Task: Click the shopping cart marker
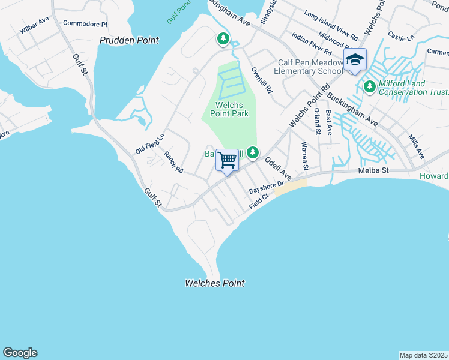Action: tap(228, 160)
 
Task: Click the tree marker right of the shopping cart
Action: tap(254, 153)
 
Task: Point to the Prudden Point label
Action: tap(129, 40)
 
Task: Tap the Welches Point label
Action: tap(214, 283)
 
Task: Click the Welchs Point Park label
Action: tap(228, 109)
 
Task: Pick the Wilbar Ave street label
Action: tap(34, 28)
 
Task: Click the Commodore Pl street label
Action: tap(85, 25)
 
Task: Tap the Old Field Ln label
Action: tap(149, 144)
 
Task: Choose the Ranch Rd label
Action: tap(173, 162)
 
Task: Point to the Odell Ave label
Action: tap(278, 169)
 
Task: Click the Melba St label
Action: tap(375, 171)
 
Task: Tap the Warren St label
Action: tap(305, 155)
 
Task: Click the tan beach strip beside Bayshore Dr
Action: tap(291, 187)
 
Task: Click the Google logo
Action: tap(20, 353)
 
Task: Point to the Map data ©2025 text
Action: tap(423, 355)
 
